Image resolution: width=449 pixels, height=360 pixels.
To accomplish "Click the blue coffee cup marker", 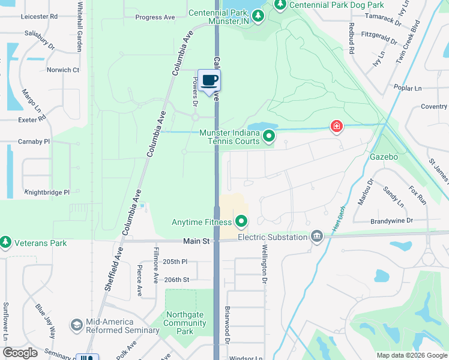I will click(209, 81).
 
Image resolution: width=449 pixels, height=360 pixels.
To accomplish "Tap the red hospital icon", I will click(337, 126).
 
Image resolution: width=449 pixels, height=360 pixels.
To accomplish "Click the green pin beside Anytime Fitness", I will click(241, 223).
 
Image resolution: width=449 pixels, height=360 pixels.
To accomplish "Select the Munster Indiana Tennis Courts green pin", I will click(270, 136).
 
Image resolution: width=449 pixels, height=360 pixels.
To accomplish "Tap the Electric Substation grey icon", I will click(316, 237).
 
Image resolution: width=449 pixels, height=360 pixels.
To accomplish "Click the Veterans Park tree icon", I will click(6, 242).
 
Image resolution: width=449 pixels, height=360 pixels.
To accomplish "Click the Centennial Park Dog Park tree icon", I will click(280, 5).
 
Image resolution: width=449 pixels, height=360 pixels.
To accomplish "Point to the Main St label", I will click(196, 241).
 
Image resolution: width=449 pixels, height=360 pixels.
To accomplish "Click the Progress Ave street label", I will click(155, 17).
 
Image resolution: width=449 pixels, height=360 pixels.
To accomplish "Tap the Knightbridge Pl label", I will click(47, 193).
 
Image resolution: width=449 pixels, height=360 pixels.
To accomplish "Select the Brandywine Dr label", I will click(393, 221).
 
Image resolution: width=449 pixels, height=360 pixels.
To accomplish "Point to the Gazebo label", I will click(384, 157).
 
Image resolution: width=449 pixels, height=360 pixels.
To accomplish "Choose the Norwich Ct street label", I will click(63, 70).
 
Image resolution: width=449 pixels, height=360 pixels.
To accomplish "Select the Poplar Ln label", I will click(408, 88).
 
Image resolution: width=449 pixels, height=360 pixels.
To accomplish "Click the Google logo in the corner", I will click(20, 353).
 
